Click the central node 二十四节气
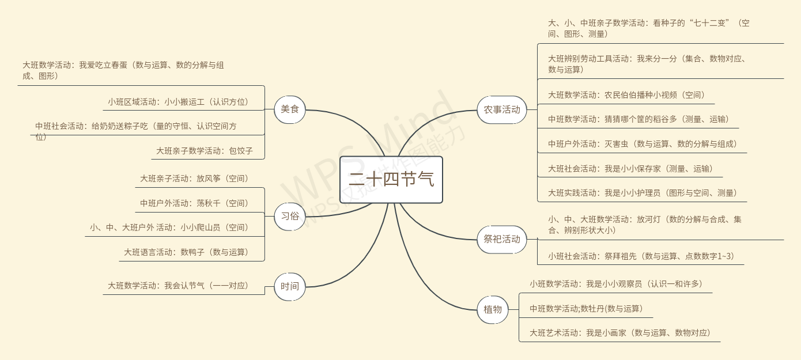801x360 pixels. [x=391, y=180]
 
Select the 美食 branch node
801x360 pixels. [x=290, y=109]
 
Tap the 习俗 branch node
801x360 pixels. [x=290, y=217]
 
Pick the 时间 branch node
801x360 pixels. [x=290, y=286]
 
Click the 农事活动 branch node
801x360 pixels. [x=501, y=109]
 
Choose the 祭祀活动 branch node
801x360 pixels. [x=501, y=239]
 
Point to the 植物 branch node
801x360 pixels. [x=493, y=309]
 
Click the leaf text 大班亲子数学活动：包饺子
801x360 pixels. [x=204, y=151]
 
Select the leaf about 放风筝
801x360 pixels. [x=194, y=179]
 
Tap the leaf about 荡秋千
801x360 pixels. [x=194, y=203]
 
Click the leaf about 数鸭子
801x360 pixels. [x=186, y=252]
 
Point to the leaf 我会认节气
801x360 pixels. [x=178, y=286]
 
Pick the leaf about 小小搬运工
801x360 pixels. [x=178, y=102]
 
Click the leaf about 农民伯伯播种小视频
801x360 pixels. [x=626, y=95]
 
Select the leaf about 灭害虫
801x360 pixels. [x=643, y=144]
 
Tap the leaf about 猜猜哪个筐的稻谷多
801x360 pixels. [x=638, y=119]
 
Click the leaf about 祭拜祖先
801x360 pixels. [x=641, y=256]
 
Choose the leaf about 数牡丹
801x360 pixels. [x=586, y=309]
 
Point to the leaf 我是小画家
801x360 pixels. [x=620, y=333]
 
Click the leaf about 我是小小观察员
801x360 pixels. [x=616, y=284]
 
